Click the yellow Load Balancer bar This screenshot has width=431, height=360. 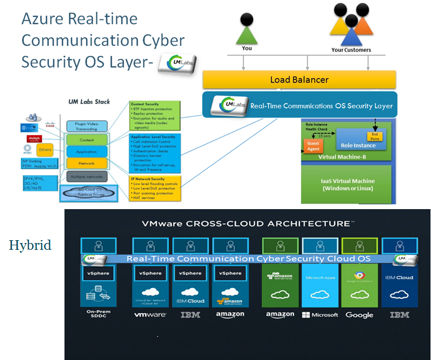[299, 80]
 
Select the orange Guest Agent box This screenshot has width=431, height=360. [313, 146]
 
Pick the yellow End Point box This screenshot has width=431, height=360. [374, 136]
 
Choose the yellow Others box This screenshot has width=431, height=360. [45, 150]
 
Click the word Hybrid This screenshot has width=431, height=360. [30, 245]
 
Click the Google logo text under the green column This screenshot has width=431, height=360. [360, 314]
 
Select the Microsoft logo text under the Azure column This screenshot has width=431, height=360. [320, 315]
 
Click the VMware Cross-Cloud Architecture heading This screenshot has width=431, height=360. [247, 224]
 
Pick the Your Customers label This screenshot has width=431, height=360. [351, 50]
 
